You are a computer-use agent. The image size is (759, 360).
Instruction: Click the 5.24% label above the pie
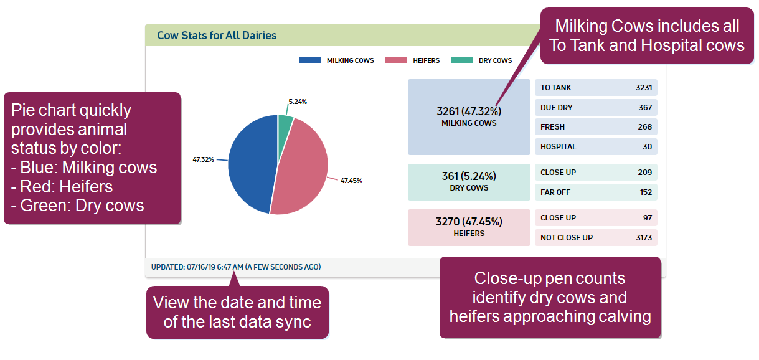click(298, 101)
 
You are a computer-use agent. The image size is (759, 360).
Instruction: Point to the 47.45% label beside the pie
click(351, 181)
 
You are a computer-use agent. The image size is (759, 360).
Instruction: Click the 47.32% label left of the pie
click(203, 159)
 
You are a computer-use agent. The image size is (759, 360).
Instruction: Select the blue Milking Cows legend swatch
click(309, 60)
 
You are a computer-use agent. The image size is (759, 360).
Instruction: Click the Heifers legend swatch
click(396, 60)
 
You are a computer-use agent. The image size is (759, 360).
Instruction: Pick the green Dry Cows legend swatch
click(462, 60)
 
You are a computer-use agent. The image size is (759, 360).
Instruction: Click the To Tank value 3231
click(644, 88)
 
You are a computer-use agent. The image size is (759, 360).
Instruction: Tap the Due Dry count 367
click(645, 107)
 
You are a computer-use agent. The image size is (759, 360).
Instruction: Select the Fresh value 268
click(645, 126)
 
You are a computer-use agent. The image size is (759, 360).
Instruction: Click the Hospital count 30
click(648, 146)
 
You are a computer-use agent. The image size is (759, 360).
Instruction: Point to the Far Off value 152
click(646, 192)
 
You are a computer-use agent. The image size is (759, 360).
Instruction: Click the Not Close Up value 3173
click(644, 237)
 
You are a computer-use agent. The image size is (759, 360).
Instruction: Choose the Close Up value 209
click(645, 172)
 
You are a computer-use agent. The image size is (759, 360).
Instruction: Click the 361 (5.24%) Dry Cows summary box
click(469, 182)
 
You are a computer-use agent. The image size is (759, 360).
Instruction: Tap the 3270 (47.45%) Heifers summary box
click(469, 227)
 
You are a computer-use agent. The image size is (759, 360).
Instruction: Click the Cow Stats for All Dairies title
click(217, 36)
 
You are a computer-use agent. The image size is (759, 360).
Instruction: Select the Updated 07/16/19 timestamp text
click(235, 267)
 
